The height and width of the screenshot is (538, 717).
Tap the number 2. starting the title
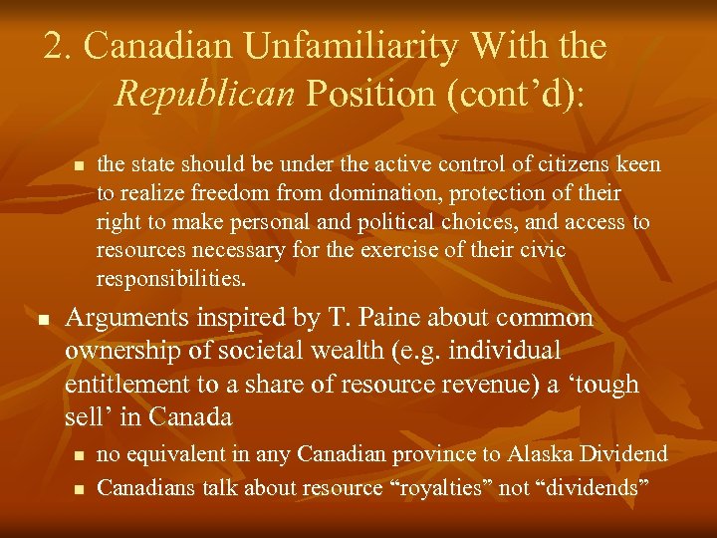tap(61, 47)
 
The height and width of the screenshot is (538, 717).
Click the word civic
tap(541, 248)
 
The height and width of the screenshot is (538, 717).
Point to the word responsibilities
tap(170, 276)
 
